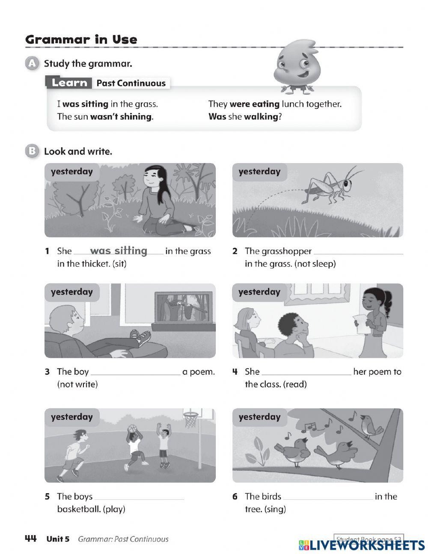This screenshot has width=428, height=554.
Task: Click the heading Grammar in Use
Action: [x=81, y=40]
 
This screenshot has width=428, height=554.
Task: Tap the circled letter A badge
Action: [x=32, y=64]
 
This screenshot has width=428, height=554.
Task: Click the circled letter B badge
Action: [x=32, y=151]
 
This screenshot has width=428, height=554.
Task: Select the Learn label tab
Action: [x=69, y=83]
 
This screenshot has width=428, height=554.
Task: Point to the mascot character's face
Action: [x=295, y=65]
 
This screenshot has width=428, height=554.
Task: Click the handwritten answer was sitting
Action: [x=119, y=250]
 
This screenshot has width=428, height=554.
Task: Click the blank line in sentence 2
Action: [x=358, y=253]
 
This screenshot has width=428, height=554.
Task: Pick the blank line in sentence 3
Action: [x=136, y=373]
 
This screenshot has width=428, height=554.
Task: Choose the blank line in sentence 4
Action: [x=306, y=373]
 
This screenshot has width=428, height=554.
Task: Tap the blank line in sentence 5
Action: [x=139, y=498]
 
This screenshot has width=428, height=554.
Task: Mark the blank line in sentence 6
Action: [x=327, y=498]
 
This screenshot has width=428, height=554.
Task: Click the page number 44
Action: [x=31, y=539]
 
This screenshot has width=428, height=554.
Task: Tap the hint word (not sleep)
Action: [x=315, y=264]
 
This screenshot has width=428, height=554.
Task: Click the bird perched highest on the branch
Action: [x=371, y=425]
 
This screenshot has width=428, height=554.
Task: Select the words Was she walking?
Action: [x=245, y=116]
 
